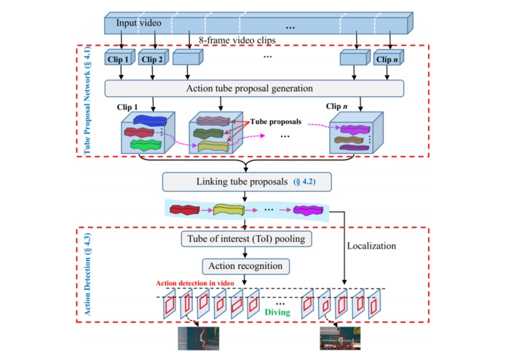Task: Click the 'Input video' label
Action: [138, 23]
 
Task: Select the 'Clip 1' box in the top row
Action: [119, 58]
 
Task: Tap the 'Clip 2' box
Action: [154, 58]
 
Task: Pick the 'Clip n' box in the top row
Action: [389, 58]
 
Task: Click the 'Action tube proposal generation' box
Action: [254, 88]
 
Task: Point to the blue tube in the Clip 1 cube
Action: [150, 121]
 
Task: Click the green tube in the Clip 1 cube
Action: [146, 145]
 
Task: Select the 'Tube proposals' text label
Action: [276, 122]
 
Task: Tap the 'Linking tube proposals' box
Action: [247, 181]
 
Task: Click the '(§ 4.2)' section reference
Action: [304, 181]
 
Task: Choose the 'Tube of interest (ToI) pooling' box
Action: [246, 239]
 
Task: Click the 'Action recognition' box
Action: [245, 267]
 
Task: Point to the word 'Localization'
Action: [371, 246]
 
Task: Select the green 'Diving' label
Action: [277, 312]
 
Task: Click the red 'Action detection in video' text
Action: [195, 283]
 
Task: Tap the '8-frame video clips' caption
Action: [237, 40]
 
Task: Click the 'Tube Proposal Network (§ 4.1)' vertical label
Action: [87, 101]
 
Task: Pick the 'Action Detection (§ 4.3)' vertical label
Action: [87, 274]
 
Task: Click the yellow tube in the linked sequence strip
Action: [229, 210]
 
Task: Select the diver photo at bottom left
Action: [199, 338]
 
